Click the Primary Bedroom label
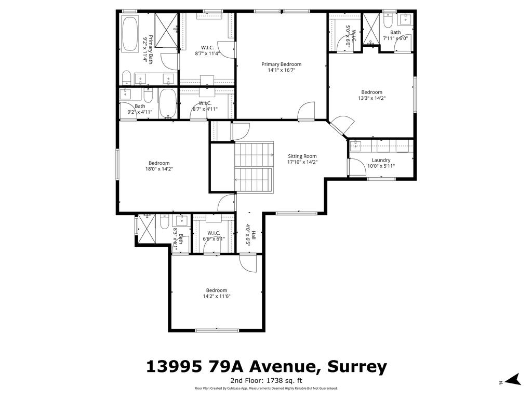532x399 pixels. tap(281, 64)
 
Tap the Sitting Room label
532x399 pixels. tap(302, 156)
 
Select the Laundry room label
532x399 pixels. tap(381, 160)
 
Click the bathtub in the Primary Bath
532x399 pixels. tap(130, 34)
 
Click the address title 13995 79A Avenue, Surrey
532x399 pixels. tap(266, 367)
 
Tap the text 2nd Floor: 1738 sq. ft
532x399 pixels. tap(266, 380)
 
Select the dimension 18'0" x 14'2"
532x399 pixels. tap(159, 169)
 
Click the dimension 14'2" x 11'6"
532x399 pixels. tap(216, 296)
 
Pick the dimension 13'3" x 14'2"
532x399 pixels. tap(371, 98)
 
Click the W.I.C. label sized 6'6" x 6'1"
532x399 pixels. tap(214, 233)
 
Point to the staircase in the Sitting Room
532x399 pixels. tap(254, 167)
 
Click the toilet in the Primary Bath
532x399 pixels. tap(126, 78)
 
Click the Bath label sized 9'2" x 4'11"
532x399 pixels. tap(140, 106)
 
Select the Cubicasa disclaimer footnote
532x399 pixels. tap(266, 388)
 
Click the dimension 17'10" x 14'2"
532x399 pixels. tap(302, 162)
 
